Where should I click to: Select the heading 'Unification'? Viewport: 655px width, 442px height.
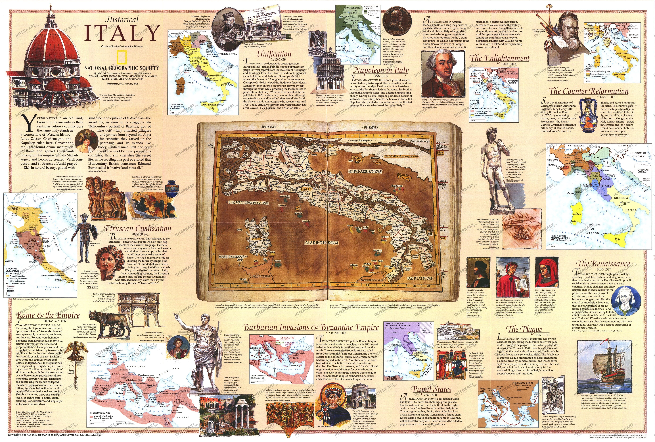click(274, 54)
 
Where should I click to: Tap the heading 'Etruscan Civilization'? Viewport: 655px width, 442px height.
click(138, 229)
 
